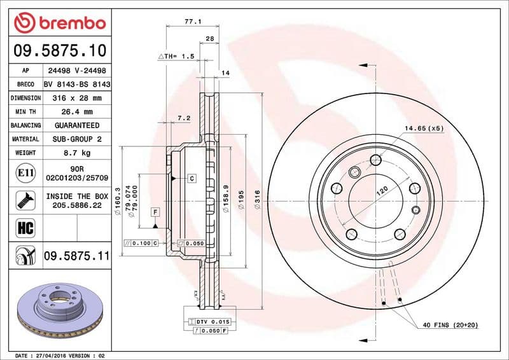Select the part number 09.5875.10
[59, 50]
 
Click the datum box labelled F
[155, 211]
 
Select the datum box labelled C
[191, 179]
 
